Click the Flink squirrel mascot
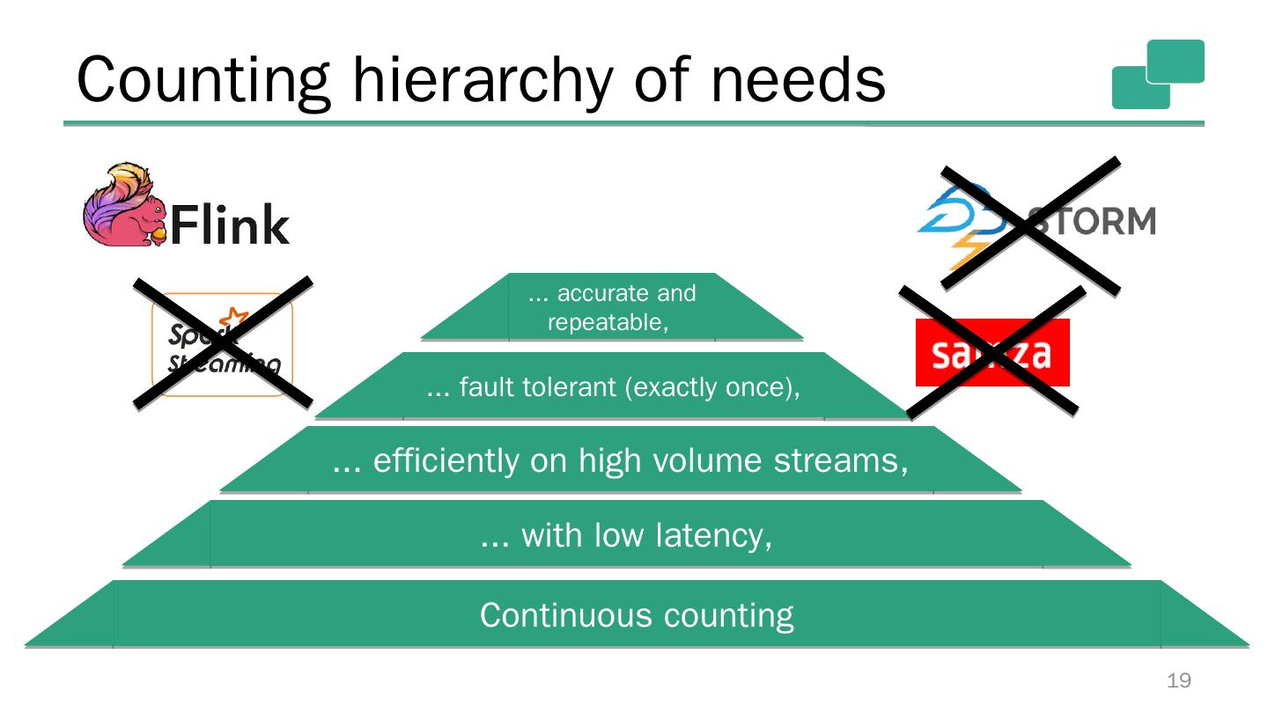124,205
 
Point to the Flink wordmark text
229,225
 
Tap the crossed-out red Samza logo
992,352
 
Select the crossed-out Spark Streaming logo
223,344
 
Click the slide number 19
1178,680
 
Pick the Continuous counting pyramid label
637,615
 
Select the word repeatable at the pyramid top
605,323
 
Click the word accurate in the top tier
596,293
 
